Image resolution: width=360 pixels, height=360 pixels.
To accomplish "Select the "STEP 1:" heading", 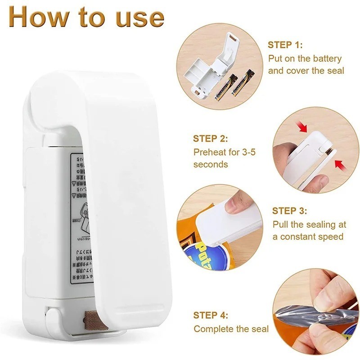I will point(285,45).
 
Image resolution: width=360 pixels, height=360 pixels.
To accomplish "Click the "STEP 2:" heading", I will point(211,139).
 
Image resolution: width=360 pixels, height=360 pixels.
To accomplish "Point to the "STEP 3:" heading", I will point(290,211).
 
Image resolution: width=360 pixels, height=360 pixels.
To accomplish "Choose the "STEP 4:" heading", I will point(211,315).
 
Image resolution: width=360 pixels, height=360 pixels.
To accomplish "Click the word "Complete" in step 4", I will point(214,329).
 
